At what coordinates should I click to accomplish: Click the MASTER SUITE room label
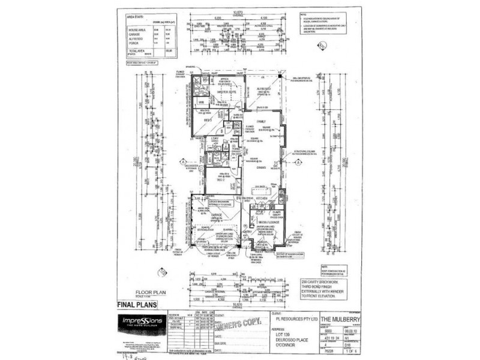tap(218, 91)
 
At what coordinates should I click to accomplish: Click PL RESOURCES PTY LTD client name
tap(292, 319)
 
